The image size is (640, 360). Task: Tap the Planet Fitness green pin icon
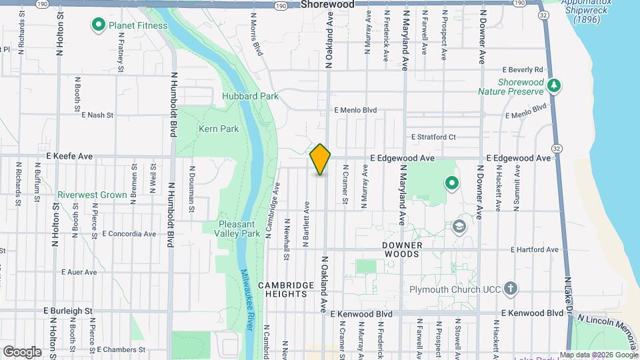click(x=99, y=25)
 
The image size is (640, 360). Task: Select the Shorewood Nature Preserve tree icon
click(x=553, y=85)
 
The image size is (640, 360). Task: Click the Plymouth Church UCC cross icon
click(x=510, y=289)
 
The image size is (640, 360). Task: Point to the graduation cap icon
click(x=459, y=227)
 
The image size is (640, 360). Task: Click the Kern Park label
click(x=218, y=128)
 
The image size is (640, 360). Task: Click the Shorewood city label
click(x=327, y=4)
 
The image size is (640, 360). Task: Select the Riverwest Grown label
click(x=92, y=195)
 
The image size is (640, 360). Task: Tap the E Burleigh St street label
click(x=67, y=311)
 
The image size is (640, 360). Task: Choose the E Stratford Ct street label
click(x=433, y=137)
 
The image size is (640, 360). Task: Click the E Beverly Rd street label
click(x=523, y=69)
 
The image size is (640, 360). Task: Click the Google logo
click(x=22, y=351)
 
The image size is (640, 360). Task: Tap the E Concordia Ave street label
click(x=129, y=234)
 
